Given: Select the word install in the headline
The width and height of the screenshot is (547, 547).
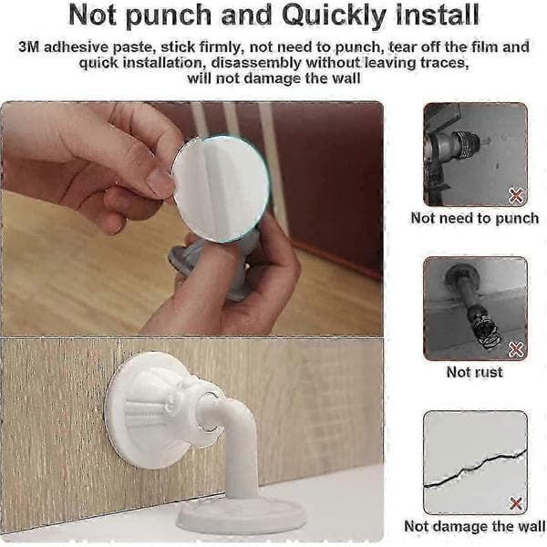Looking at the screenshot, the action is coord(437,15).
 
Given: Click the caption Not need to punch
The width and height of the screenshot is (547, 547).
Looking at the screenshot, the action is coord(474,219).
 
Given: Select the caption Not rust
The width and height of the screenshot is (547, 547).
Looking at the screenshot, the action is coord(474,372).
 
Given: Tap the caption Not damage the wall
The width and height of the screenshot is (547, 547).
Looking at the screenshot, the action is coord(474,526).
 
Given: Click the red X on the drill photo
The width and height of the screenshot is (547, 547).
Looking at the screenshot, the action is coord(516,195).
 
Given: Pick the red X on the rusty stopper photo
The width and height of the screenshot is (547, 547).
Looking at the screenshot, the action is coord(516,349).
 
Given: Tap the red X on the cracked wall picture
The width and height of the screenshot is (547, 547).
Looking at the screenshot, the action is coord(516,503).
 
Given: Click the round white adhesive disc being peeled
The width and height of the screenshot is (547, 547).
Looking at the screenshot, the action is coord(221,189).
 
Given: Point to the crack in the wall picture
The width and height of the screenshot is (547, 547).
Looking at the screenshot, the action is coord(475,469).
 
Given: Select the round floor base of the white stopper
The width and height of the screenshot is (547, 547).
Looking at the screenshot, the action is coord(242,517).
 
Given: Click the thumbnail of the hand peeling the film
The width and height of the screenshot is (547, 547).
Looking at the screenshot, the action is coord(191,219).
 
